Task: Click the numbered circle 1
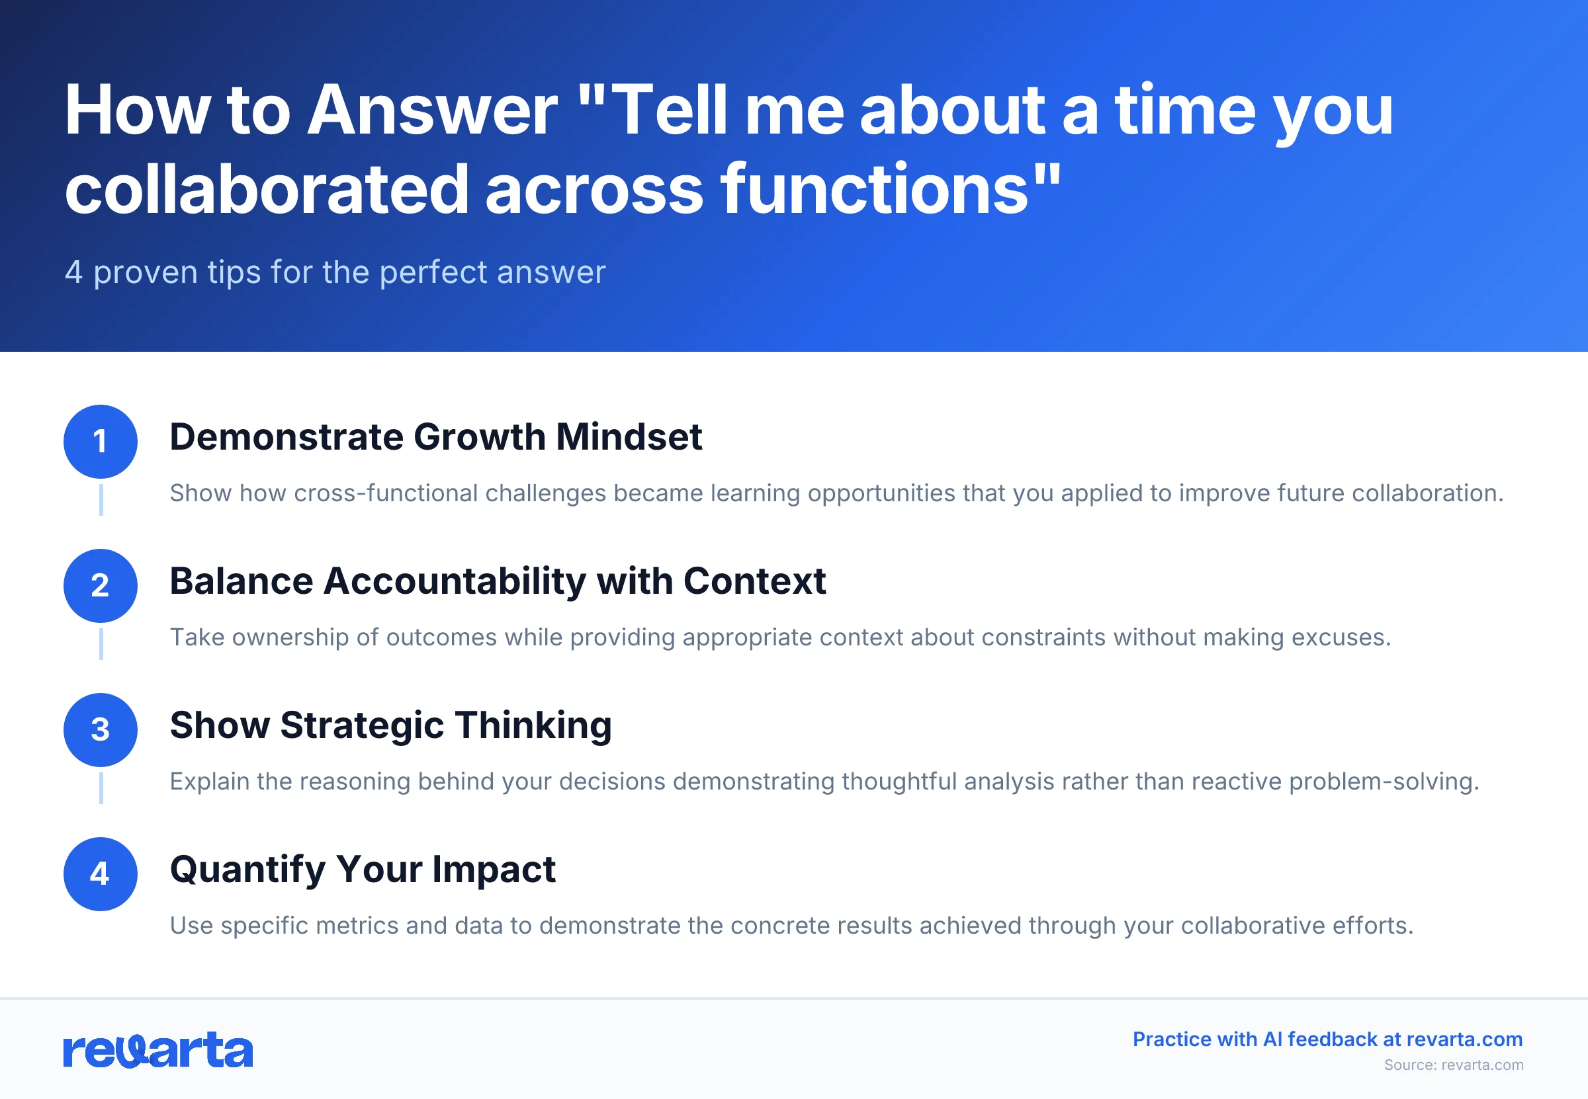pos(101,442)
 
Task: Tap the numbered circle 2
pos(101,585)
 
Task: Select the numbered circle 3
pos(101,729)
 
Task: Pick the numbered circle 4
pos(101,874)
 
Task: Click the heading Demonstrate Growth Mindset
pos(435,437)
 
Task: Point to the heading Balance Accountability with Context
pos(498,581)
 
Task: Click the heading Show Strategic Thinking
pos(390,725)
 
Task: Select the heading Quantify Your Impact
pos(363,869)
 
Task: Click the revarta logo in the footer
pos(157,1050)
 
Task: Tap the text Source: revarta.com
pos(1453,1065)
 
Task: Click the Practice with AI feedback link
pos(1327,1039)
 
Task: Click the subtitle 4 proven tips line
pos(335,272)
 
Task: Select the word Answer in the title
pos(431,110)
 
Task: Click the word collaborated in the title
pos(267,189)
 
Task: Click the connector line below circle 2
pos(101,644)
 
